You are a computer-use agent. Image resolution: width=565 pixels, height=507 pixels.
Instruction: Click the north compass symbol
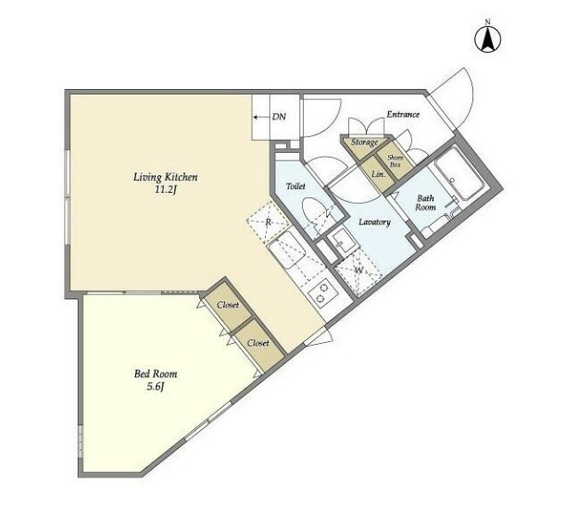click(487, 39)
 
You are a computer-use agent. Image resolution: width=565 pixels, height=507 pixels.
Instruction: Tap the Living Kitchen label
click(166, 177)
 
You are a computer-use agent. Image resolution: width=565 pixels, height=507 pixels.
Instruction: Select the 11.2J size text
click(166, 190)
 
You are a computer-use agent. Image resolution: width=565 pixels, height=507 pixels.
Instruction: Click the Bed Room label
click(156, 374)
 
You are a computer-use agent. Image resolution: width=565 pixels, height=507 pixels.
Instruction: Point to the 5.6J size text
click(156, 387)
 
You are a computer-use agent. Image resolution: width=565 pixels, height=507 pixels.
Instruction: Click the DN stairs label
click(279, 117)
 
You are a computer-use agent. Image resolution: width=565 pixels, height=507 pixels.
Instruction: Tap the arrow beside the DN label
click(261, 117)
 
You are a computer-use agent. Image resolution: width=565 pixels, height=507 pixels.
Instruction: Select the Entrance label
click(403, 114)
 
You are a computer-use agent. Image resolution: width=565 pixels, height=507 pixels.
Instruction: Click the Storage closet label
click(364, 142)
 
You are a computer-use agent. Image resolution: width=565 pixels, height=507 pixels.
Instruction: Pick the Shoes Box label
click(395, 161)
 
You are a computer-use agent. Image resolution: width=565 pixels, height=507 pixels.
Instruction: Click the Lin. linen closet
click(379, 174)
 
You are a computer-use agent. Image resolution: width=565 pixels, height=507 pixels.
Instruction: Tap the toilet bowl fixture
click(313, 214)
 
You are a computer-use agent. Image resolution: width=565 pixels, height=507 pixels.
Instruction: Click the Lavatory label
click(374, 222)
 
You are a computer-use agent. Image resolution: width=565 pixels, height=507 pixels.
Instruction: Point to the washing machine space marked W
click(358, 272)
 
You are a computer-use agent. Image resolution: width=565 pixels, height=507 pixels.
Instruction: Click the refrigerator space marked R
click(269, 222)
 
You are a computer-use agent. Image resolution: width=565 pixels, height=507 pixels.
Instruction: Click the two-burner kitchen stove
click(322, 293)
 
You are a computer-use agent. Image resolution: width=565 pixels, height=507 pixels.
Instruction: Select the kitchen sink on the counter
click(288, 249)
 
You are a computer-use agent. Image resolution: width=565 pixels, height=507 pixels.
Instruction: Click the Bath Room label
click(425, 203)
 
